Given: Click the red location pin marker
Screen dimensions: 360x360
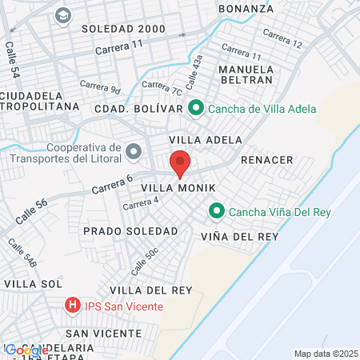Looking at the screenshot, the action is (180, 163).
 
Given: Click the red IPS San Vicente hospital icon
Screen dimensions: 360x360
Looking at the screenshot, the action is (73, 306).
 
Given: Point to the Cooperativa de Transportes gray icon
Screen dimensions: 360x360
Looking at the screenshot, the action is (134, 151).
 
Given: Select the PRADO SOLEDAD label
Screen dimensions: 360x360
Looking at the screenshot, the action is (130, 230).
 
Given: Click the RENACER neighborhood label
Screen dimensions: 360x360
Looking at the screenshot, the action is (266, 160).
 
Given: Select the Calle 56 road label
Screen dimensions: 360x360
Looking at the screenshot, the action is (30, 209).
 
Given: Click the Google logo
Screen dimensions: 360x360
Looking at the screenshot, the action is (26, 350).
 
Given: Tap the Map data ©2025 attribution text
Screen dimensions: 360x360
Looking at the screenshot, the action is (326, 354).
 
